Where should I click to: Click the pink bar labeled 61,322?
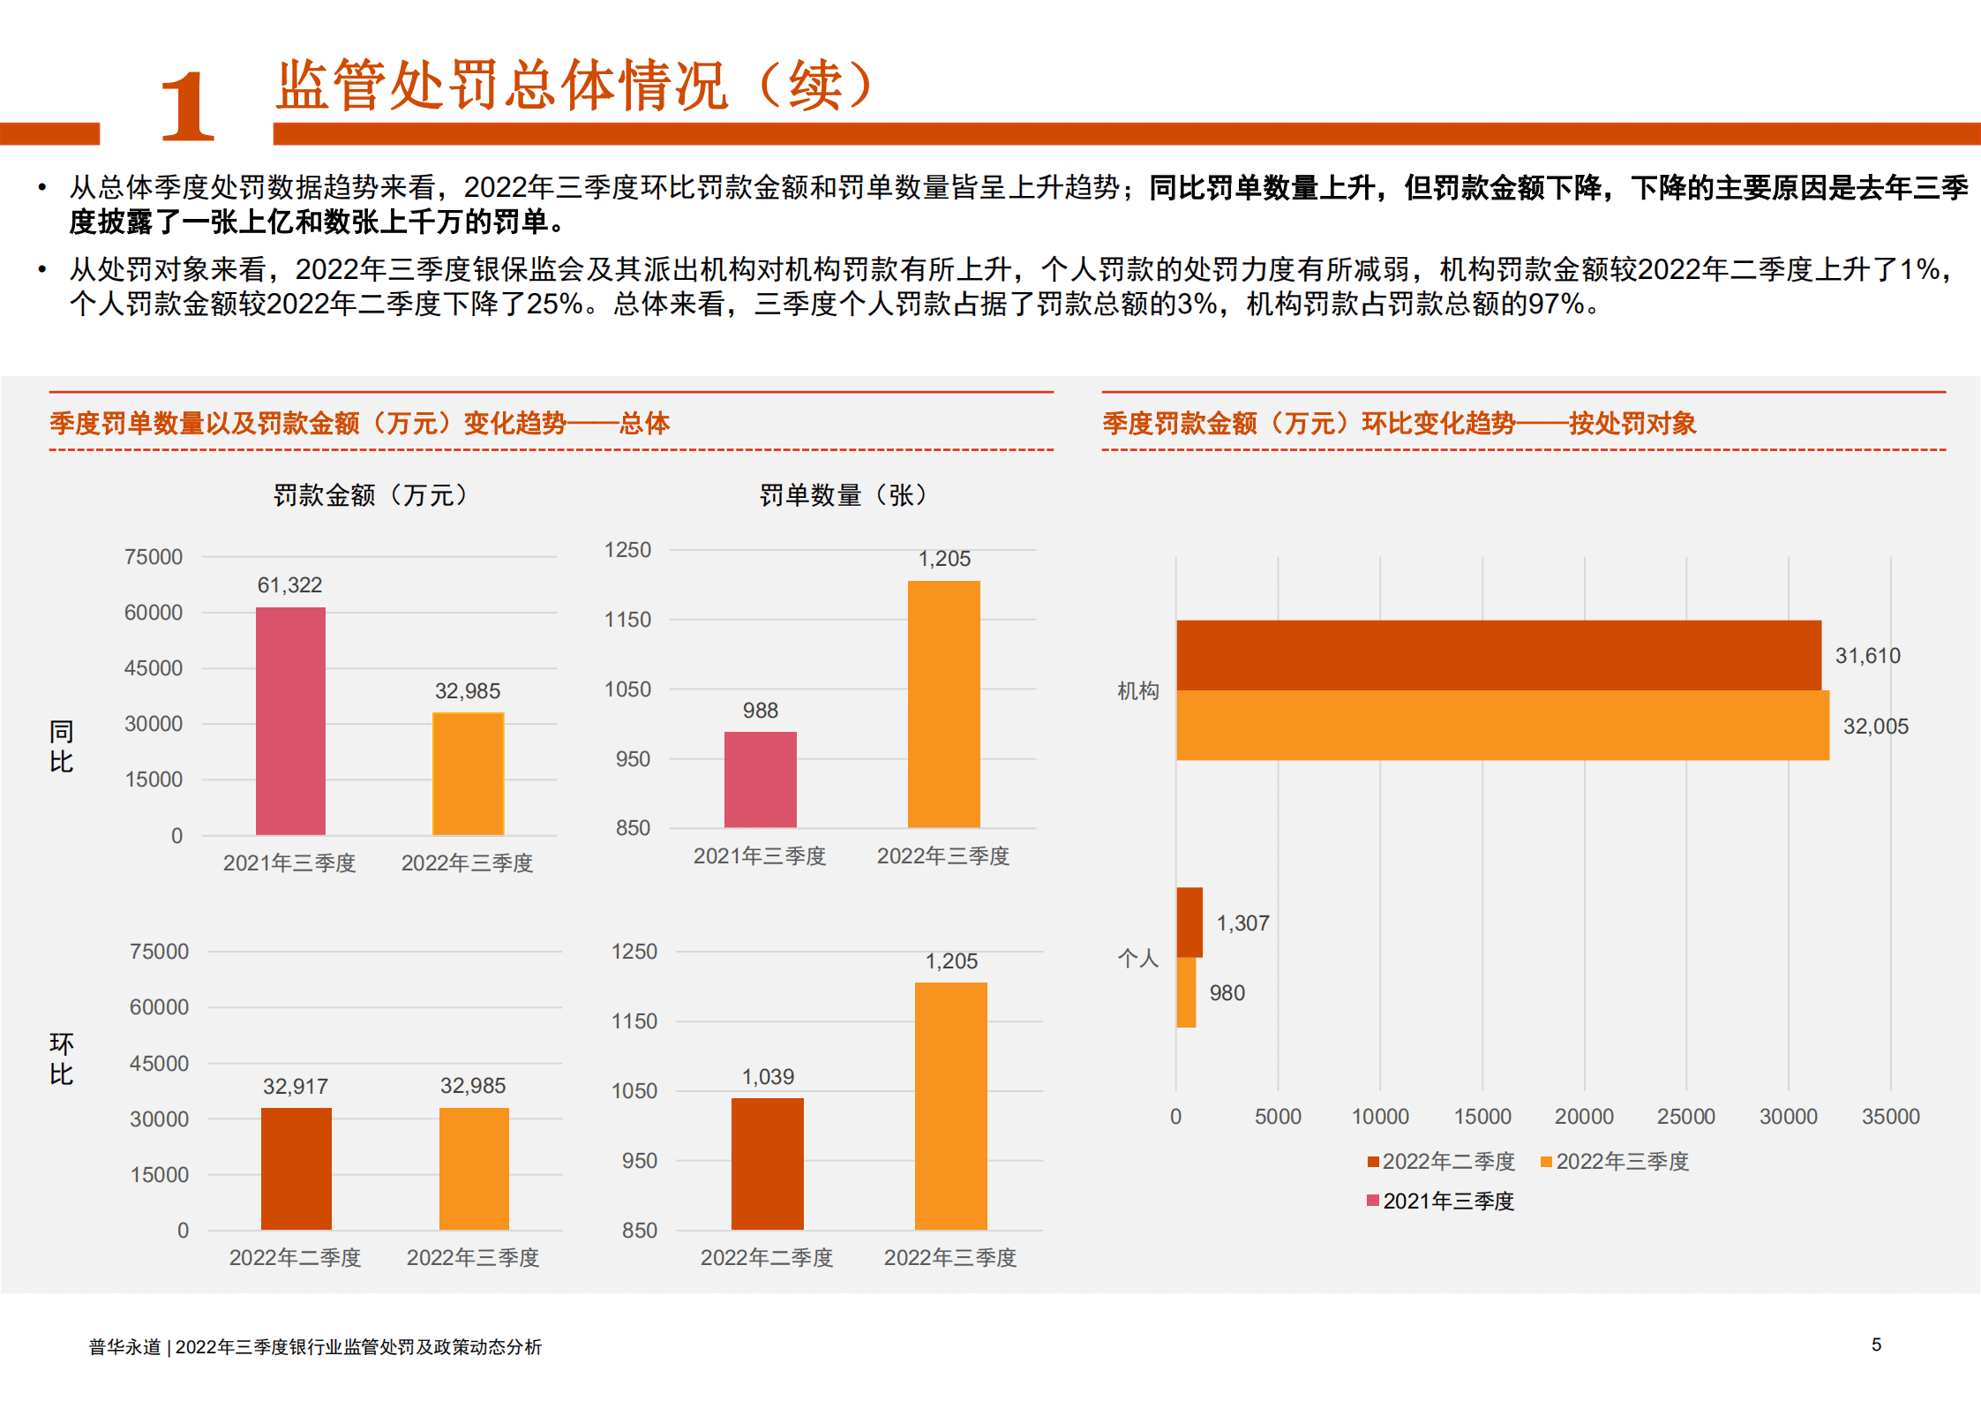click(290, 720)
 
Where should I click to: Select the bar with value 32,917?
click(296, 1168)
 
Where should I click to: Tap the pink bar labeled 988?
click(760, 780)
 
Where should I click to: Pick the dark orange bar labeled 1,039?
click(767, 1164)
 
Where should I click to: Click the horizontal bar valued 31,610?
click(1497, 655)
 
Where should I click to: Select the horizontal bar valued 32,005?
click(1502, 725)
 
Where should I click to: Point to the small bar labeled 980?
click(1186, 992)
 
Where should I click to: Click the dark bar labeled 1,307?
click(1189, 923)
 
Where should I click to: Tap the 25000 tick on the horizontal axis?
click(1685, 1116)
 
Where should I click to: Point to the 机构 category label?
click(1137, 690)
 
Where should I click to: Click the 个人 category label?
click(1137, 958)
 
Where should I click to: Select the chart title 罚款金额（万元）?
click(370, 494)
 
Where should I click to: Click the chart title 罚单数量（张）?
click(843, 494)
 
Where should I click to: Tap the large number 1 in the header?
click(186, 108)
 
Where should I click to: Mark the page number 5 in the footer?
click(1876, 1345)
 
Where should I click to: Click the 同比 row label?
click(61, 746)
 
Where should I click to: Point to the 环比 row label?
click(61, 1058)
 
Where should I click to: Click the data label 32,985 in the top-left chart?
click(467, 690)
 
